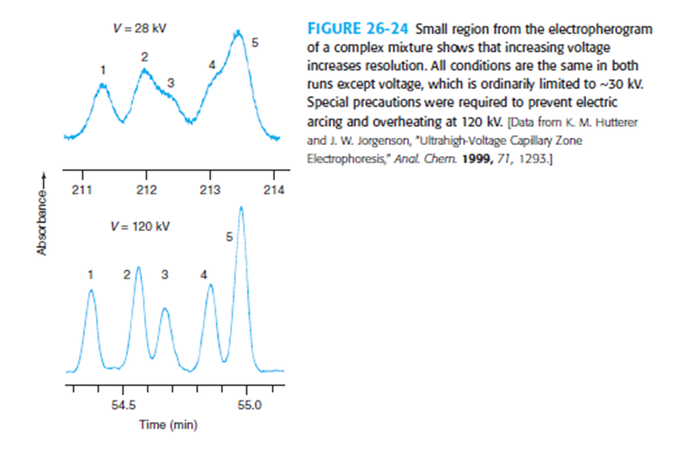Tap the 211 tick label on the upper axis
(x=83, y=189)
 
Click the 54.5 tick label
(x=123, y=405)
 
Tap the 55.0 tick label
(x=248, y=405)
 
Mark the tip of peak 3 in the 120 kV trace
(x=165, y=309)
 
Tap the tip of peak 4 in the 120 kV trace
(x=211, y=285)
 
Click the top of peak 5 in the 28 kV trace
(x=238, y=33)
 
